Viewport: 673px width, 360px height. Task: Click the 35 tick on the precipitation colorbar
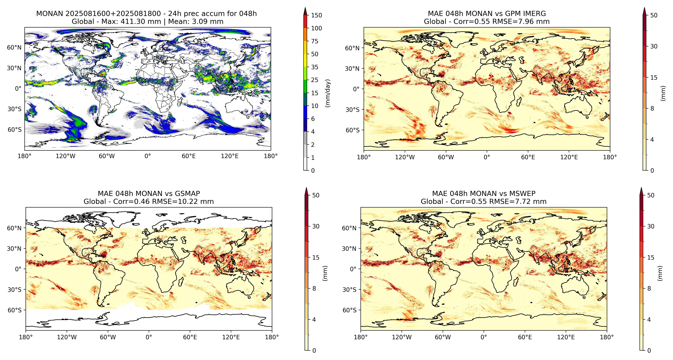[315, 67]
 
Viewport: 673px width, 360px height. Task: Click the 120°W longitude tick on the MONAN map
[66, 156]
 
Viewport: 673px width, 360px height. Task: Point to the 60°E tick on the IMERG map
[528, 157]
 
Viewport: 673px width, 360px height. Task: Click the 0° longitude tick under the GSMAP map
[149, 337]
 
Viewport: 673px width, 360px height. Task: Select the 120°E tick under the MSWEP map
[566, 337]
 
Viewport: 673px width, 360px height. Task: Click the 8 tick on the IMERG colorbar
[652, 108]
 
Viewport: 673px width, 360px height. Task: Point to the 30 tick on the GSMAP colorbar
[316, 226]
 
